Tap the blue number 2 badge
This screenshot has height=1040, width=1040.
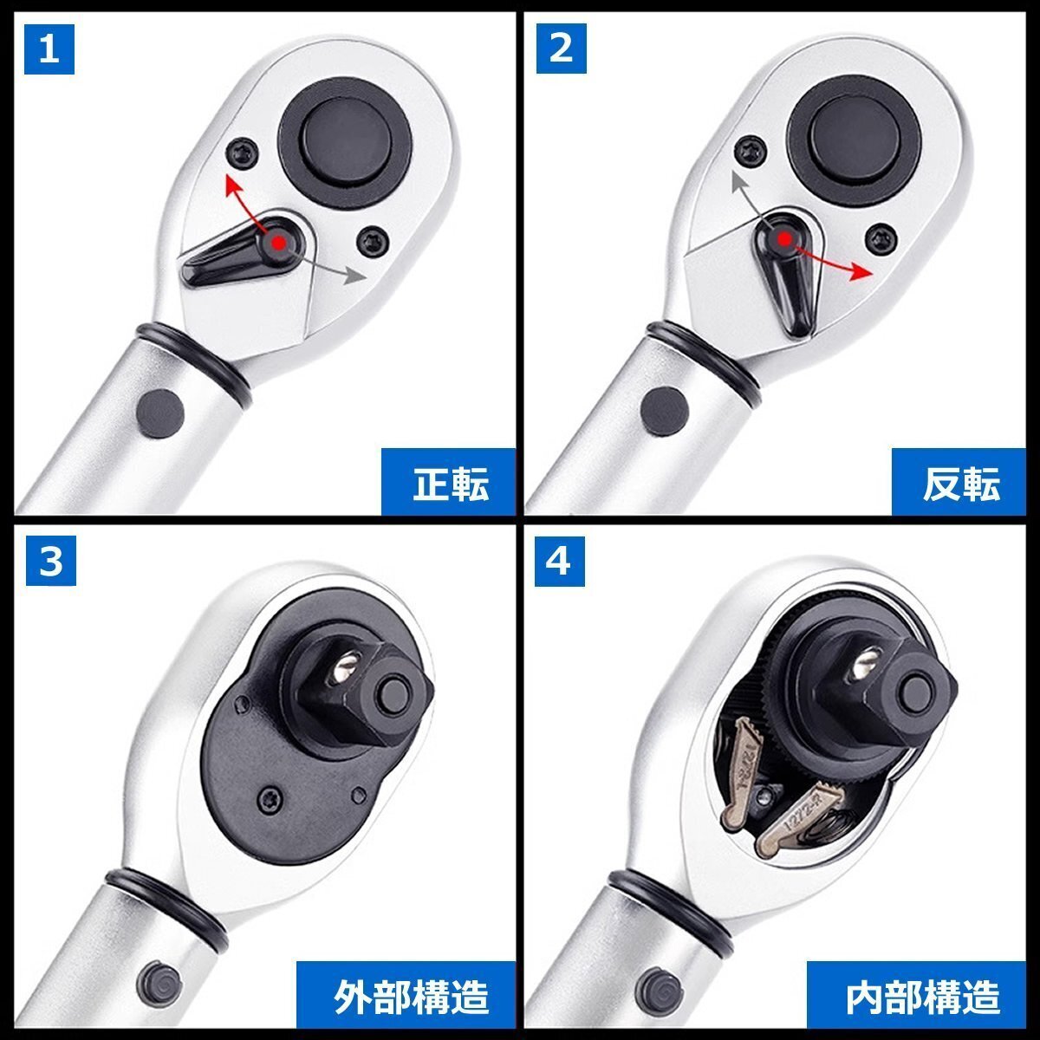561,49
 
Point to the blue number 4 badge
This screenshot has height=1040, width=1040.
560,562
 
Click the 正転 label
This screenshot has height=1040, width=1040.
449,483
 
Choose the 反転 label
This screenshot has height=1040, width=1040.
960,483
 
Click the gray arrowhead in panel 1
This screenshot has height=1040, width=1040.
353,276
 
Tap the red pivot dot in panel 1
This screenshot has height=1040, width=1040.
277,243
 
